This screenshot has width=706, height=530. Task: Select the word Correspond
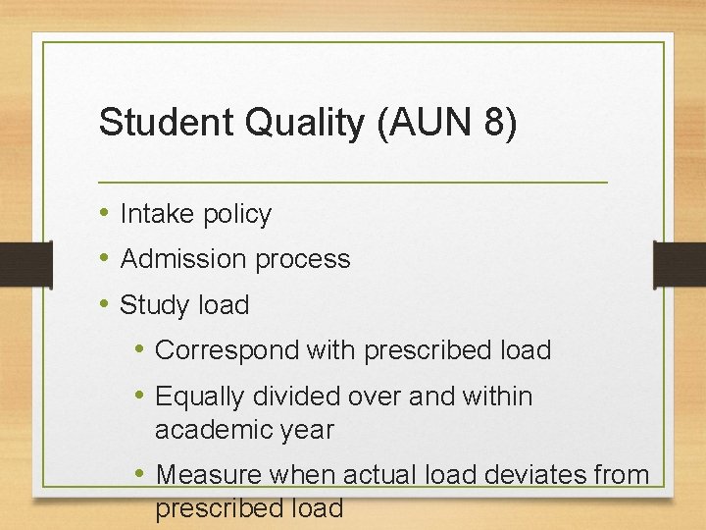coord(227,350)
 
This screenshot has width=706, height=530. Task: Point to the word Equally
coord(201,397)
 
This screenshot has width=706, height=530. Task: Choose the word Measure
coord(209,475)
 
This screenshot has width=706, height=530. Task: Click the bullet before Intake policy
coord(104,213)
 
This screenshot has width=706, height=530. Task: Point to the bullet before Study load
coord(104,304)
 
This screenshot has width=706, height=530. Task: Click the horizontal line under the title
coord(353,183)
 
